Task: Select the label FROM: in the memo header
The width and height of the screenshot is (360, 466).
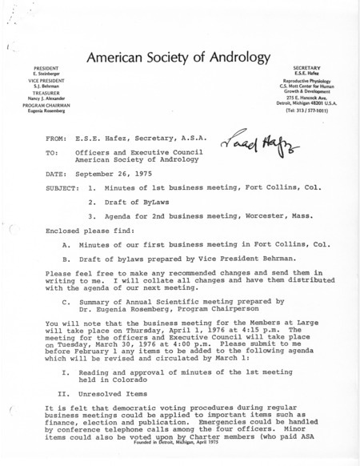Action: point(58,138)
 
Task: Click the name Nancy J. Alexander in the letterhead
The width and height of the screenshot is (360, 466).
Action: point(36,106)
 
